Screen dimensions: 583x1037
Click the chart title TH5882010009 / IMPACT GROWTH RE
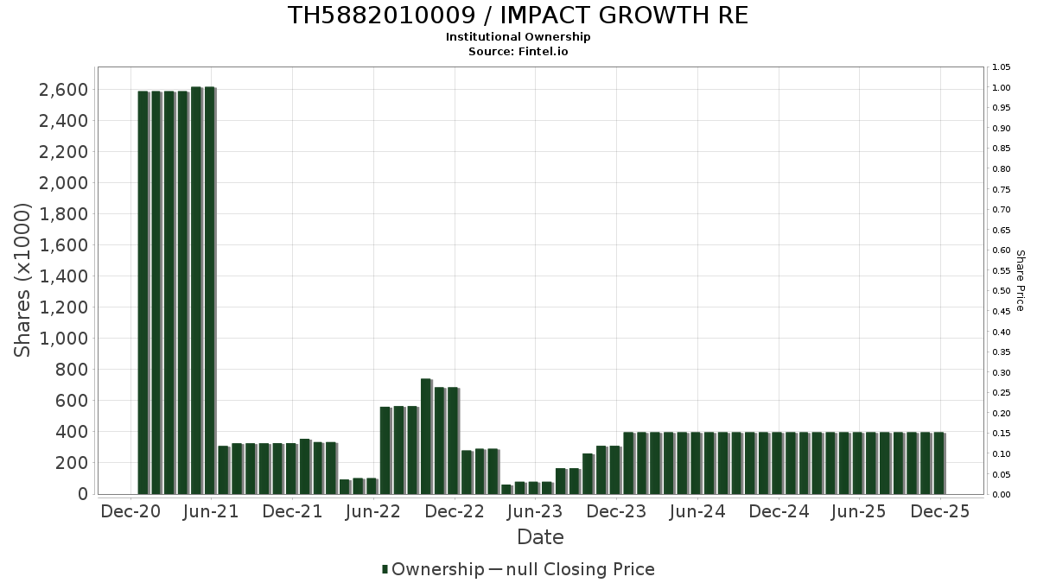click(518, 16)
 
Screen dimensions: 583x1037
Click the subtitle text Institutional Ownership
click(518, 37)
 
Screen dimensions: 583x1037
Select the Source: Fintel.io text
click(518, 52)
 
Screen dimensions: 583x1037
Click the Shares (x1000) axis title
click(23, 280)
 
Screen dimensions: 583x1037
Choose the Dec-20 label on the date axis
click(130, 512)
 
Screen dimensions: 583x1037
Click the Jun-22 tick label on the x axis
click(372, 512)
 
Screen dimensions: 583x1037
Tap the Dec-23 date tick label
click(616, 512)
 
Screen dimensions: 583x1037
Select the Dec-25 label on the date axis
click(941, 512)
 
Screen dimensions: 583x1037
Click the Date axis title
click(540, 537)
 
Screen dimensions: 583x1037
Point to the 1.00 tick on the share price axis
click(1002, 88)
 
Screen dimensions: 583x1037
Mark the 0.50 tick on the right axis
click(1002, 291)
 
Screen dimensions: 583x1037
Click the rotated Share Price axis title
click(1020, 280)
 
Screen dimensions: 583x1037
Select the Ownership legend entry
click(435, 569)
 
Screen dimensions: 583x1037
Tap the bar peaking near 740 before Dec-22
click(426, 436)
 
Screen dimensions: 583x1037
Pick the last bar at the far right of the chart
click(938, 463)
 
